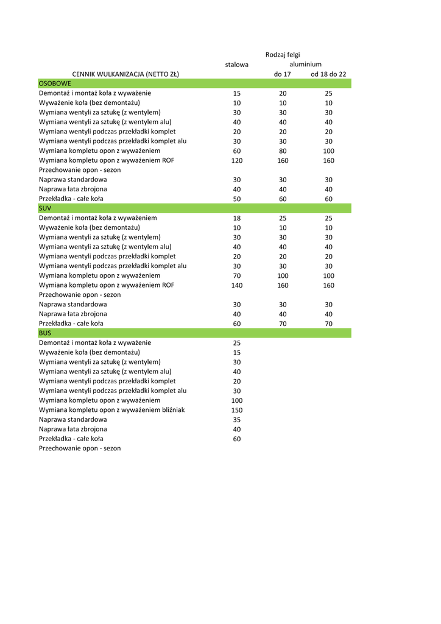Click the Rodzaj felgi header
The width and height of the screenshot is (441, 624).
pyautogui.click(x=283, y=55)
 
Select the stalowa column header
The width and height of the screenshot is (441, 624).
pyautogui.click(x=237, y=65)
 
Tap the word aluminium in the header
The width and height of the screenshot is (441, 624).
pyautogui.click(x=305, y=64)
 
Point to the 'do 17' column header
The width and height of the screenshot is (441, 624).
pyautogui.click(x=283, y=74)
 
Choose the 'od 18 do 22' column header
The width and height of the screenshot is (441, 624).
pyautogui.click(x=328, y=74)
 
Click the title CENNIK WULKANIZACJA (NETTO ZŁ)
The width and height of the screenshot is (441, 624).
pyautogui.click(x=125, y=74)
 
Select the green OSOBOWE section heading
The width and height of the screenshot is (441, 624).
pyautogui.click(x=55, y=83)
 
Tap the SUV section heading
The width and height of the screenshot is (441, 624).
pyautogui.click(x=45, y=208)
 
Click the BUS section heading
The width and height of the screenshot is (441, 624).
pyautogui.click(x=45, y=333)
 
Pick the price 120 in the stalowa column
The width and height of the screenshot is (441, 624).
pyautogui.click(x=237, y=160)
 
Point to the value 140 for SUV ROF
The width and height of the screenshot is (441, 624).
pyautogui.click(x=237, y=285)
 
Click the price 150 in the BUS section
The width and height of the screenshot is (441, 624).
pyautogui.click(x=237, y=410)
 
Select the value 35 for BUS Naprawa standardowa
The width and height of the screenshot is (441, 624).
pyautogui.click(x=237, y=420)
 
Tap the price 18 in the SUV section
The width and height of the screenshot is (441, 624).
pyautogui.click(x=237, y=218)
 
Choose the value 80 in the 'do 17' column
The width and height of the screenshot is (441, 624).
pyautogui.click(x=283, y=151)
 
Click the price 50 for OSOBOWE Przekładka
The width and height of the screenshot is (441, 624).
pyautogui.click(x=237, y=199)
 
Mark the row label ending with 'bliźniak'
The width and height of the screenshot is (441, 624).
pyautogui.click(x=111, y=409)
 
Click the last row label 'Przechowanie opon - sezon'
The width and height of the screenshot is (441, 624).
pyautogui.click(x=80, y=448)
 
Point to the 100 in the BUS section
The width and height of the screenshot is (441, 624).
pyautogui.click(x=237, y=400)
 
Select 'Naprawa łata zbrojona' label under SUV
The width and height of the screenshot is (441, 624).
pyautogui.click(x=73, y=314)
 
